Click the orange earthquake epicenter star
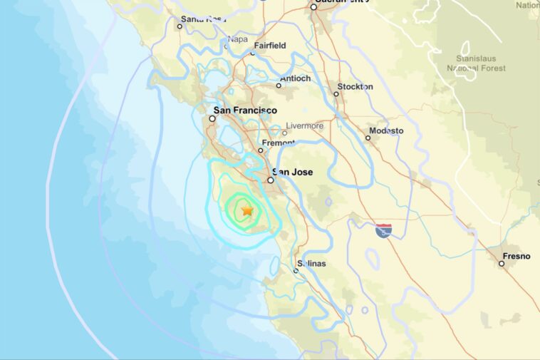point(246,211)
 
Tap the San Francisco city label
point(246,110)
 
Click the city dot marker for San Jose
point(271,180)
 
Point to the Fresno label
point(516,255)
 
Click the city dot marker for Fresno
point(502,264)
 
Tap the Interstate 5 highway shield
point(383,230)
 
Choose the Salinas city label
point(311,264)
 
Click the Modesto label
point(385,130)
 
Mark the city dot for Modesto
point(368,138)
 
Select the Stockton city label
point(355,86)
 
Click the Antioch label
point(296,78)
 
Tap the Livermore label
point(304,126)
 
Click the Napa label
point(238,40)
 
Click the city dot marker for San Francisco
point(212,119)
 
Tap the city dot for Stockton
point(337,94)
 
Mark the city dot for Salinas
point(296,270)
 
